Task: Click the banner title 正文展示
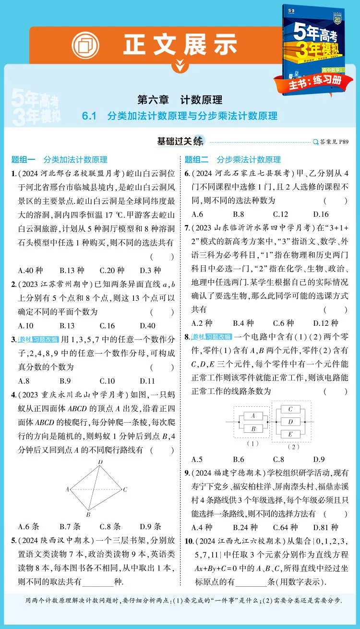[180, 45]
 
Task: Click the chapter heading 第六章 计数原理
[180, 100]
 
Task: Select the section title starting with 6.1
[180, 116]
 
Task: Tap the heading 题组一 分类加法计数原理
[60, 160]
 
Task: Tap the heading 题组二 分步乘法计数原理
[233, 160]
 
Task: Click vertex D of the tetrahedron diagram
[100, 462]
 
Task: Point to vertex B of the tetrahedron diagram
[89, 514]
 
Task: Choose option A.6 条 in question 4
[28, 527]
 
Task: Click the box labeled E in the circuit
[290, 434]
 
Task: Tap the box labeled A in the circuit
[253, 415]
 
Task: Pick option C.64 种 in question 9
[283, 527]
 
